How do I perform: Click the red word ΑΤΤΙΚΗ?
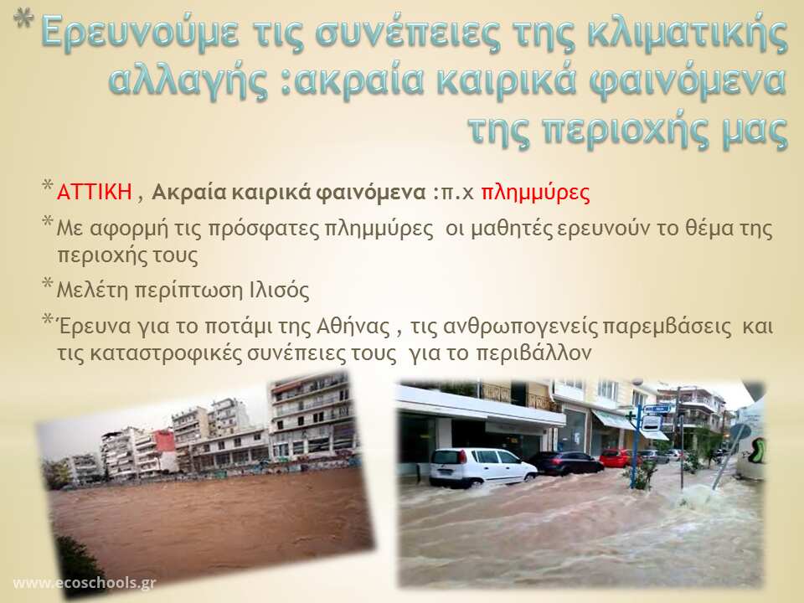95,192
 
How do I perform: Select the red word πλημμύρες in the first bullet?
535,193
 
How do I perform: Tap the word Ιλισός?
280,291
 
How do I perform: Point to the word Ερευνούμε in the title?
140,33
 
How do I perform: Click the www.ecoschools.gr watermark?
85,584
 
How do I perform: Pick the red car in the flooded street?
616,458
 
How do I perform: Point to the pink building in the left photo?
165,447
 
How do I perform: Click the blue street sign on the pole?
657,410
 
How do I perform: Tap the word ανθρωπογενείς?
520,327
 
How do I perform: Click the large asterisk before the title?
23,18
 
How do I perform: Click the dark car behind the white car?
567,463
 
